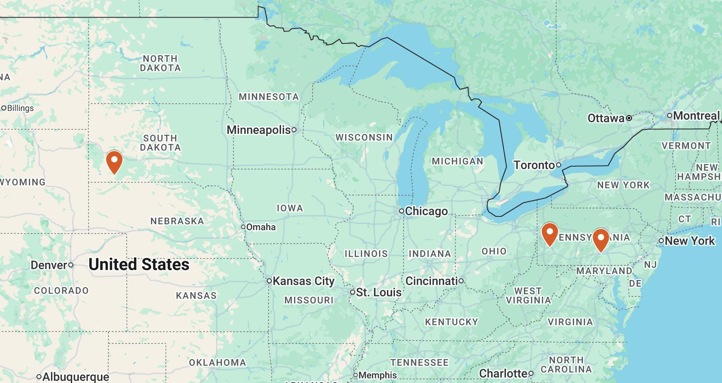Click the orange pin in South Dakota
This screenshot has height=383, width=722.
click(114, 162)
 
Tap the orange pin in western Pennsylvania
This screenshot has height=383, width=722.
click(549, 234)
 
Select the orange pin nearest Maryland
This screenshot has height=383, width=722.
click(601, 239)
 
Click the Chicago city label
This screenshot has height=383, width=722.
click(426, 211)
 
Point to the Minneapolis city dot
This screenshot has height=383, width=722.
click(294, 130)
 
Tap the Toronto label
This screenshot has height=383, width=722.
click(534, 165)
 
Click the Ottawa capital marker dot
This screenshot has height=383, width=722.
click(629, 118)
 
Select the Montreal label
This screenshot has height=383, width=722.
click(696, 116)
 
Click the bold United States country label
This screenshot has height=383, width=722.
click(139, 265)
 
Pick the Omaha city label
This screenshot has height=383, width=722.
click(260, 227)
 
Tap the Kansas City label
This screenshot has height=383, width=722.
click(303, 281)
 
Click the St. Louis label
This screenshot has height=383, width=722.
click(378, 292)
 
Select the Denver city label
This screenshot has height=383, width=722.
click(49, 265)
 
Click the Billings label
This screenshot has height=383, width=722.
click(20, 108)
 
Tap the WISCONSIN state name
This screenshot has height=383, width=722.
click(364, 137)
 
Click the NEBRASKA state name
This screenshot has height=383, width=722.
click(177, 221)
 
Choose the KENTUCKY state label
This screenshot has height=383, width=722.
click(451, 322)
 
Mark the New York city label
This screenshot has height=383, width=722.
click(689, 241)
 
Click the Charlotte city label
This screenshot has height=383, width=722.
click(503, 373)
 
